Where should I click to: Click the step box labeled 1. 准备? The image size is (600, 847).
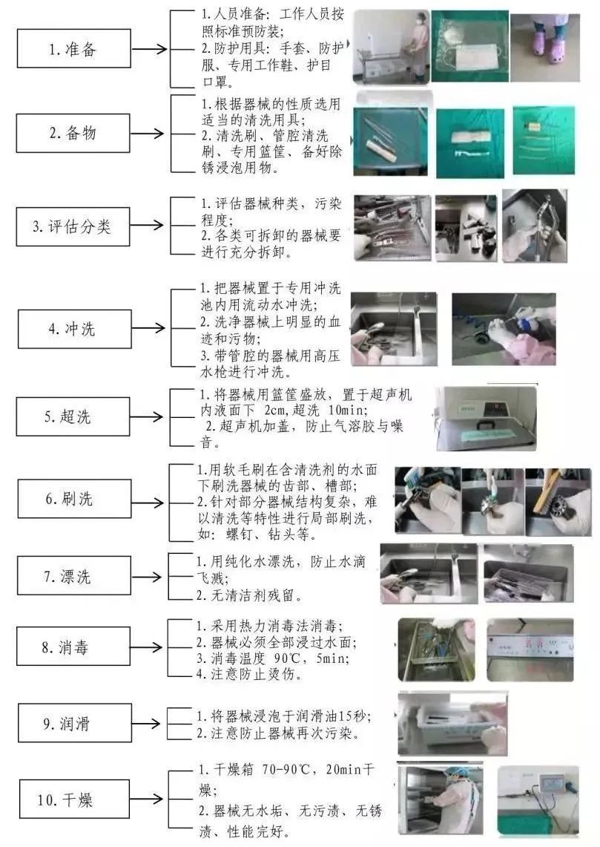74,48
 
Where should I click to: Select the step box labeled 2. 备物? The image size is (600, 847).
73,133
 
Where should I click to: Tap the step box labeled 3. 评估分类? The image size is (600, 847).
73,226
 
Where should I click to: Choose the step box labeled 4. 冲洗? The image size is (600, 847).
74,329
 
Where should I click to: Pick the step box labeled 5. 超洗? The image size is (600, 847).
73,416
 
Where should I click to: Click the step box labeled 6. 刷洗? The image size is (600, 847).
74,499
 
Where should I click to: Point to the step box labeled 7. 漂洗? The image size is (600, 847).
74,576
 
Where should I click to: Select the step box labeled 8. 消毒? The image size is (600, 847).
73,646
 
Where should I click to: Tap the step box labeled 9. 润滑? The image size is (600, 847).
74,723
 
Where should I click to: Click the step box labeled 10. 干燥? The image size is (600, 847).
74,799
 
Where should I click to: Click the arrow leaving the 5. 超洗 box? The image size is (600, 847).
146,416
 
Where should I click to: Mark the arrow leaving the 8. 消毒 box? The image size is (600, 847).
146,647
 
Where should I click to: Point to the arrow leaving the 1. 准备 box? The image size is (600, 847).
150,49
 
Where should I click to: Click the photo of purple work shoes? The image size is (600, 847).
545,48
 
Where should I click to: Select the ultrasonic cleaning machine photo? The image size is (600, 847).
486,418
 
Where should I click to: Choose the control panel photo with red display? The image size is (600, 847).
530,650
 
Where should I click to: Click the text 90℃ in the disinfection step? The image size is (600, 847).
290,658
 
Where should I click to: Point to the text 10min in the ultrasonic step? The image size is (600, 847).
348,410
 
